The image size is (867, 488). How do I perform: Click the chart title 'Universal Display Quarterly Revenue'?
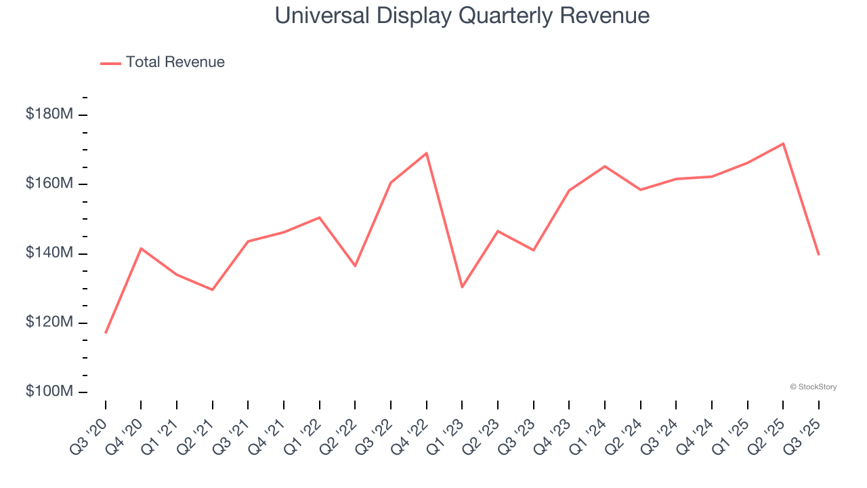(x=462, y=16)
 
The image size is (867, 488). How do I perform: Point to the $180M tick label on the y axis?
(x=49, y=115)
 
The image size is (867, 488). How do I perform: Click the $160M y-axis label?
(x=49, y=184)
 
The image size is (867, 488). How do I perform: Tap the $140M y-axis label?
(x=49, y=253)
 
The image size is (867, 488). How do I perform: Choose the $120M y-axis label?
(x=49, y=322)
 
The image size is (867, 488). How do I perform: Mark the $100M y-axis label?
(x=49, y=392)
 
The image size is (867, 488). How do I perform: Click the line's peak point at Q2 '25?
(x=783, y=144)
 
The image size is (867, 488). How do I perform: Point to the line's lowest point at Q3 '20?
(x=106, y=333)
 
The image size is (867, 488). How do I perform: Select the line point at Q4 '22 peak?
(x=426, y=153)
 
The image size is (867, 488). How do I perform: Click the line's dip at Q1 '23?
(x=462, y=287)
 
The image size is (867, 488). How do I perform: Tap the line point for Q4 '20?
(x=141, y=248)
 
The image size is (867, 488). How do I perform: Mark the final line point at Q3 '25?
(x=818, y=255)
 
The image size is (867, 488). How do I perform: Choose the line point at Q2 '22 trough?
(x=355, y=266)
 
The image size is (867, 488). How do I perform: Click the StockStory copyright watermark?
(x=813, y=387)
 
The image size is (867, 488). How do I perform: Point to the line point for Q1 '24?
(x=604, y=166)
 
